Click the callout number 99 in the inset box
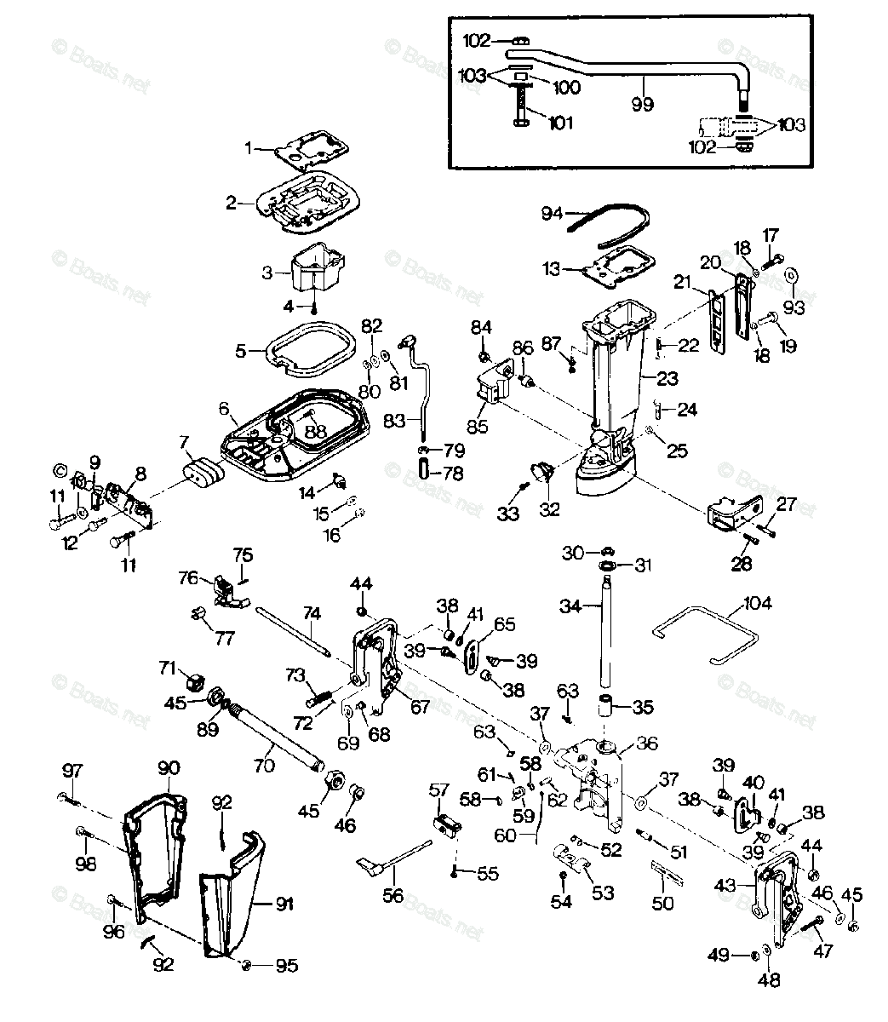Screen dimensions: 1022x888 click(643, 104)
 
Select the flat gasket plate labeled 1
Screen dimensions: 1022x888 click(303, 149)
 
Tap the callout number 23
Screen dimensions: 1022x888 click(667, 376)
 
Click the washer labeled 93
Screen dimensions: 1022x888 click(792, 275)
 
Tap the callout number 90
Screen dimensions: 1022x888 click(168, 767)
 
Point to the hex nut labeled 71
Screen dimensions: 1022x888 click(192, 680)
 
